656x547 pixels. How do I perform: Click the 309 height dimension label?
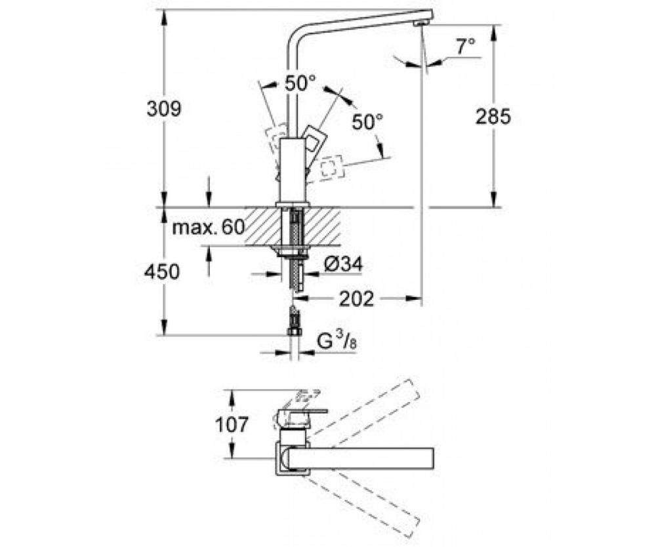click(163, 109)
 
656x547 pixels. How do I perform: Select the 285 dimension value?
click(493, 117)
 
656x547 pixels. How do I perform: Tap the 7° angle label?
click(465, 47)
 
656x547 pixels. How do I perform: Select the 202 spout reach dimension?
click(357, 299)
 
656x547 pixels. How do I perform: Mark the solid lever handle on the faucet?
click(316, 140)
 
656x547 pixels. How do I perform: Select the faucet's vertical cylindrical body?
click(291, 171)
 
